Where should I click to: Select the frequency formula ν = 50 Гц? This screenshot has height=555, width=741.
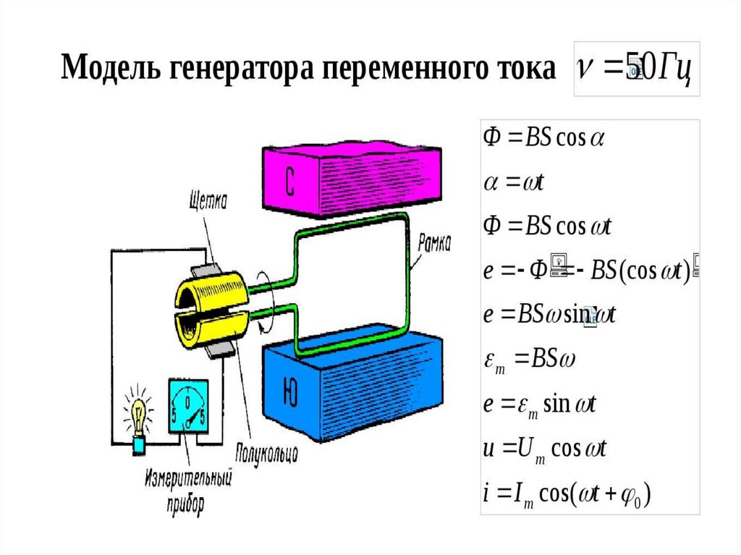pyautogui.click(x=635, y=68)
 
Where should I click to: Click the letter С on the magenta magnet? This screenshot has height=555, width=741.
pyautogui.click(x=289, y=184)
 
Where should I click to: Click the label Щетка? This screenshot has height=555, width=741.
pyautogui.click(x=206, y=200)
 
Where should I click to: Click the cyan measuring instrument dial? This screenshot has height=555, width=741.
pyautogui.click(x=189, y=407)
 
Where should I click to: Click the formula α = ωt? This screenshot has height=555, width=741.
pyautogui.click(x=514, y=182)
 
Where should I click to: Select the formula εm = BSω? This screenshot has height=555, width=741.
pyautogui.click(x=528, y=360)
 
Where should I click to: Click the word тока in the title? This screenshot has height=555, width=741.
pyautogui.click(x=523, y=69)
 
